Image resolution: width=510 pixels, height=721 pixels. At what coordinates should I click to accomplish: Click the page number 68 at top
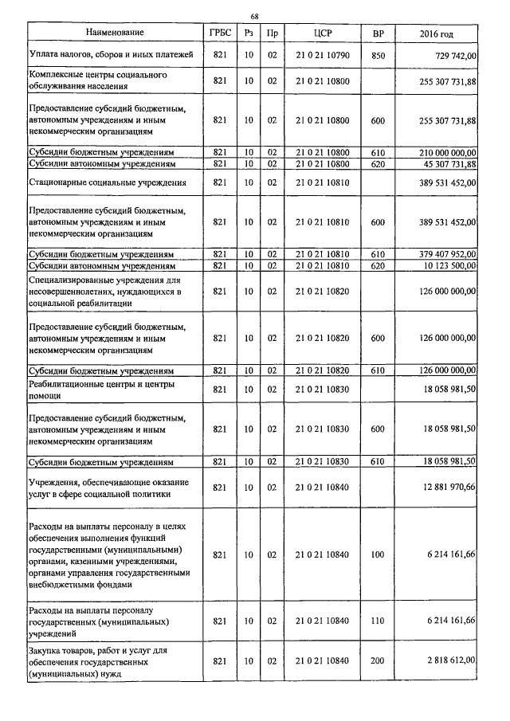coord(254,16)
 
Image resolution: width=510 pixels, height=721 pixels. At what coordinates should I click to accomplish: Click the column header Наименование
coord(116,33)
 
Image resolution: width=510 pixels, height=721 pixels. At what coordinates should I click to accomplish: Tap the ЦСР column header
coord(322,33)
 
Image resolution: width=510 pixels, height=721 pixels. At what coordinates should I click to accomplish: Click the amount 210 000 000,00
coord(443,151)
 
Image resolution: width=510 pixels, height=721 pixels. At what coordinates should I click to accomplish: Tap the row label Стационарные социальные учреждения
coord(108,182)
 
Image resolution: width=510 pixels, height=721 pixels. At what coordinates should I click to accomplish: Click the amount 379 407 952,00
coord(443,253)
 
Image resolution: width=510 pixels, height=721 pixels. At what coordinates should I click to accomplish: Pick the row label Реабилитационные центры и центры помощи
coord(102,389)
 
